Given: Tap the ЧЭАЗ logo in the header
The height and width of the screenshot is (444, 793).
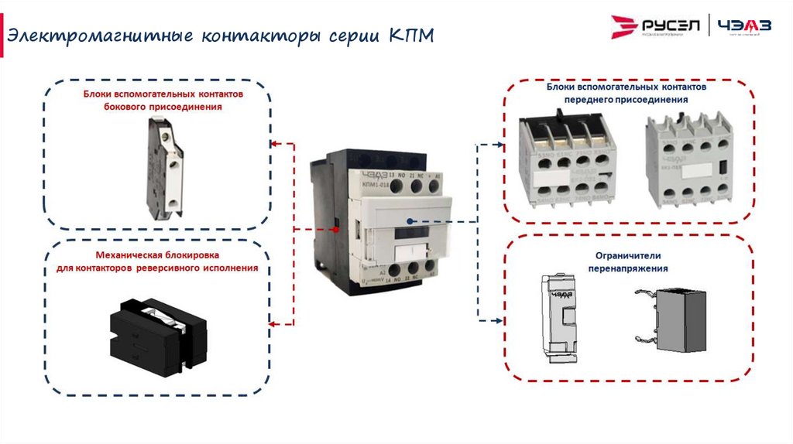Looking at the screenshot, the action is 744,27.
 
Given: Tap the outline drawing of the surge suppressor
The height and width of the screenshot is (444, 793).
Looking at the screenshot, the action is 558,316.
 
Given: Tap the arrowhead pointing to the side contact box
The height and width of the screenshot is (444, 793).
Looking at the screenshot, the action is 273,143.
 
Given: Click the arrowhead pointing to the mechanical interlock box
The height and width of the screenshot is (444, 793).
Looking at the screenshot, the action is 273,323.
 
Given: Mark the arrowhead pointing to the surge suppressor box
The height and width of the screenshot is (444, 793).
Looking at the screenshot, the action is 500,320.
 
